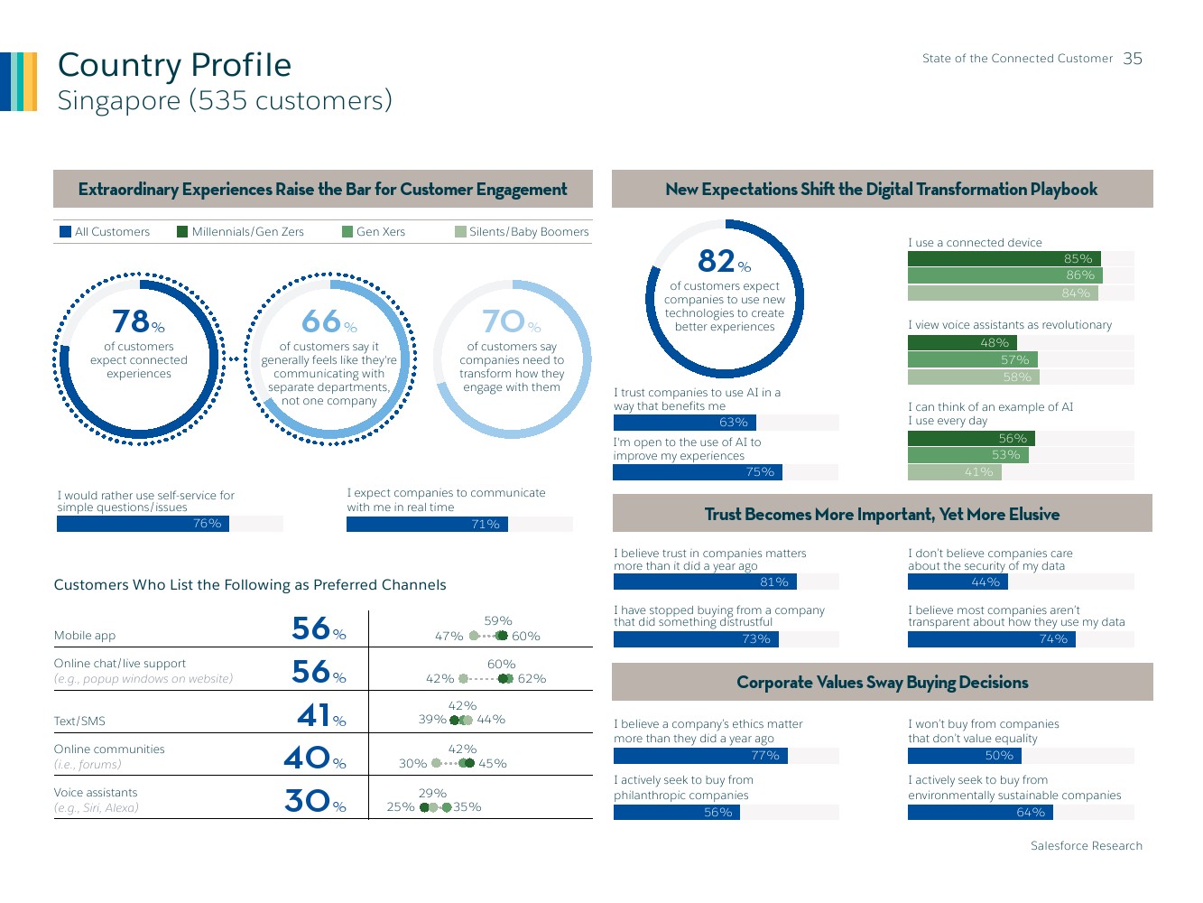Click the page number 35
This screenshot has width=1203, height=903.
click(x=1133, y=59)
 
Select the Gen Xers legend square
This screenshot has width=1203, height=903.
click(x=347, y=232)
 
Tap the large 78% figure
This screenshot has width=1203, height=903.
click(x=138, y=321)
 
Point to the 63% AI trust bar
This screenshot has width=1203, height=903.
click(x=685, y=423)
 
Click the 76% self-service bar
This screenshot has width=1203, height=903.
click(x=143, y=524)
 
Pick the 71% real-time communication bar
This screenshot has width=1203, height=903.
click(x=427, y=525)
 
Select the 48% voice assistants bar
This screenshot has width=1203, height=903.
click(x=962, y=343)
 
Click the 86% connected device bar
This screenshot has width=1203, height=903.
click(x=1004, y=275)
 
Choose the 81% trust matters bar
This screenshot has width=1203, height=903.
click(x=704, y=582)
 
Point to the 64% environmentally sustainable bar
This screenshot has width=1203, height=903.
click(x=979, y=813)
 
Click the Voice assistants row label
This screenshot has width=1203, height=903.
click(x=96, y=793)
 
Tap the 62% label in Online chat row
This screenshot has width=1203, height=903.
click(x=532, y=679)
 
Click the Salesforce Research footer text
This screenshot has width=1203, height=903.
click(x=1086, y=846)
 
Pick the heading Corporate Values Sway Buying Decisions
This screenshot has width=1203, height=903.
click(x=882, y=683)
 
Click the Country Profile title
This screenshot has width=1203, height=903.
click(x=174, y=65)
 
